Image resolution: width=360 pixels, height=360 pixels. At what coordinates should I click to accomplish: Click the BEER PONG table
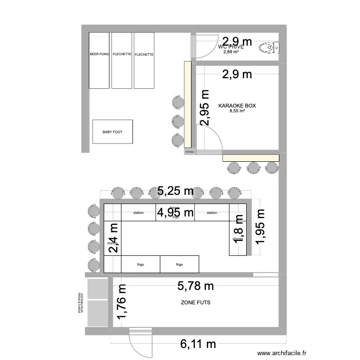(99, 60)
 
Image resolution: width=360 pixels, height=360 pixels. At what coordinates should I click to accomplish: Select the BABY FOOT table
(112, 132)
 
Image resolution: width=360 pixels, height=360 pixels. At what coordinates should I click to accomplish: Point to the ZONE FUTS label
(195, 303)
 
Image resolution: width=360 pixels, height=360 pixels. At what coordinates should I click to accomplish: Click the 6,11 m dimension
(198, 344)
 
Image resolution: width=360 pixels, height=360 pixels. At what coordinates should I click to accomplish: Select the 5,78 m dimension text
(195, 287)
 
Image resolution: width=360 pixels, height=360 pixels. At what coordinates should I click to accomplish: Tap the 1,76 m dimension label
(122, 303)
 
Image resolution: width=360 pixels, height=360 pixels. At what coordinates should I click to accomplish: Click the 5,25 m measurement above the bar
(175, 191)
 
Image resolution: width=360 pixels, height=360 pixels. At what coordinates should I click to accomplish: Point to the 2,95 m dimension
(205, 108)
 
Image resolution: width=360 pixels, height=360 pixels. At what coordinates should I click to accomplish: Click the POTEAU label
(190, 152)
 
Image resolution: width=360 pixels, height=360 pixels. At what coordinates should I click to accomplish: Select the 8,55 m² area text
(237, 111)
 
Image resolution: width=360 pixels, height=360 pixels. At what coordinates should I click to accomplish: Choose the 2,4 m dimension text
(114, 238)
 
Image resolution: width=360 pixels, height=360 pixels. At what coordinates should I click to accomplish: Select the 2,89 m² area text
(231, 52)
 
